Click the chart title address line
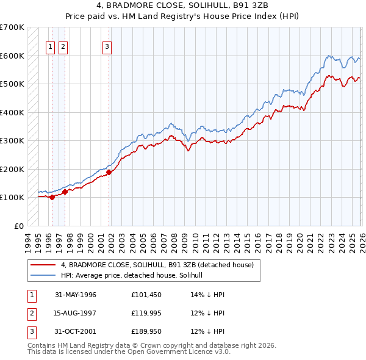(x=182, y=7)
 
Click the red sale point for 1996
(x=52, y=197)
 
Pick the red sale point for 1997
(x=65, y=192)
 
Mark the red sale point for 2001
(x=109, y=172)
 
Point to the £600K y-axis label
(x=12, y=56)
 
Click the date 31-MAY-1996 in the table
(x=76, y=295)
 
